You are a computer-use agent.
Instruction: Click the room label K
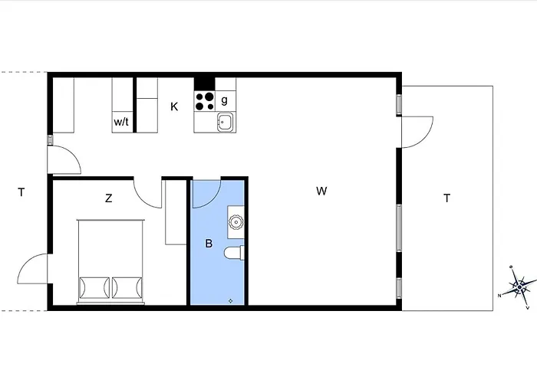[174, 106]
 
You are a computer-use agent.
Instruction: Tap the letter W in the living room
[321, 191]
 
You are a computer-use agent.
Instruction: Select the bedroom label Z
[109, 198]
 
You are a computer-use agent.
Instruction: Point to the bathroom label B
[209, 244]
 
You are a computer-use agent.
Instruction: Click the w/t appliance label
[121, 121]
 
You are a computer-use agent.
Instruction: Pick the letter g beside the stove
[224, 100]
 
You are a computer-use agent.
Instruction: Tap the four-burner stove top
[205, 101]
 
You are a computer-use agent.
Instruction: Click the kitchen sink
[225, 122]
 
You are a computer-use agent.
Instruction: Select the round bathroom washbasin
[236, 222]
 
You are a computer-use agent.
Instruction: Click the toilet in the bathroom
[234, 254]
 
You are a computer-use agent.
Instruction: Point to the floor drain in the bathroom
[230, 301]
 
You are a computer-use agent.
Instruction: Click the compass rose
[519, 287]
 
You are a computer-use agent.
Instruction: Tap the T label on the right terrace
[447, 198]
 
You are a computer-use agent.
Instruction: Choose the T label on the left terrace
[21, 192]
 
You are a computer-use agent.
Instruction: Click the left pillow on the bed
[94, 287]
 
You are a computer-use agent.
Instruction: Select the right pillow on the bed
[127, 287]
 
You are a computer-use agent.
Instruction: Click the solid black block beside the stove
[205, 84]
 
